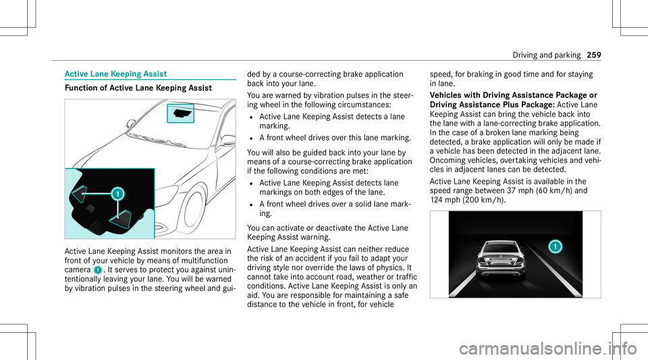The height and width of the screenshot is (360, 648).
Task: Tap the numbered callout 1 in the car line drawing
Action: (117, 194)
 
